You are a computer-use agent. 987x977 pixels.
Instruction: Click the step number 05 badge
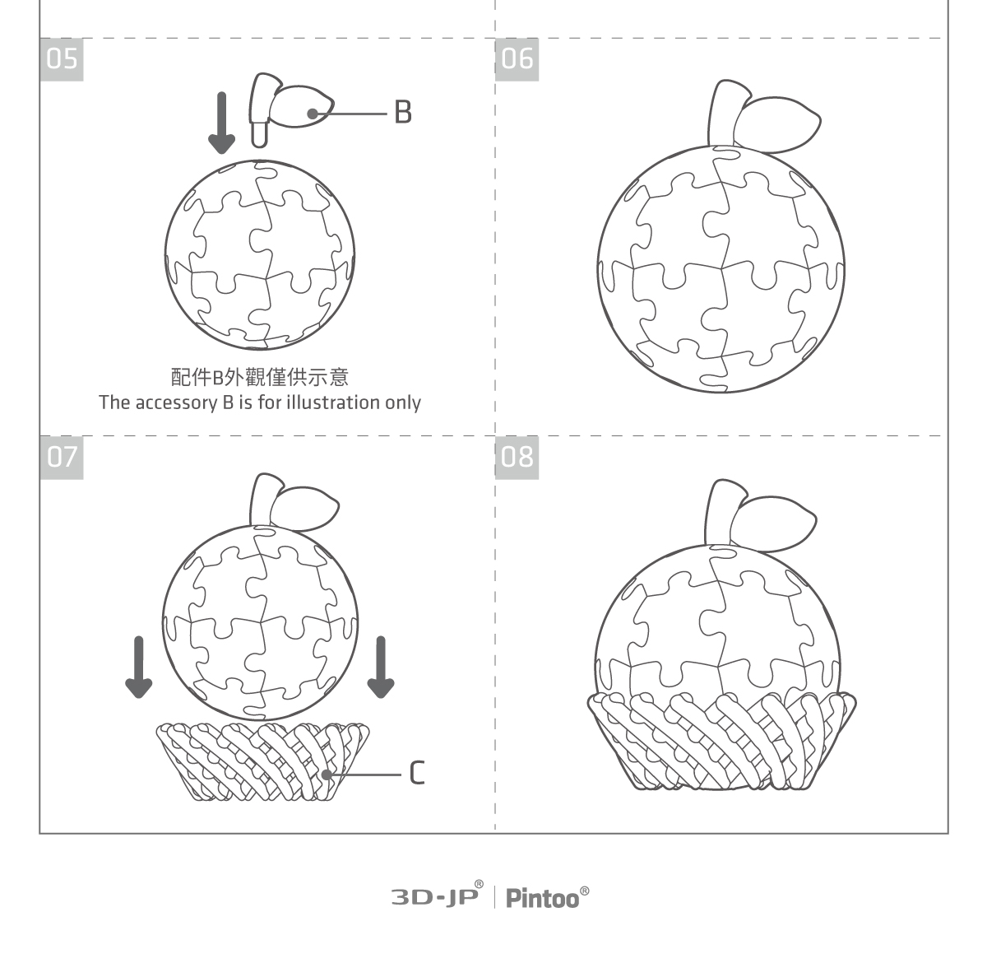[x=62, y=59]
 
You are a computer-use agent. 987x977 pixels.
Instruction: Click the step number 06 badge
[x=517, y=59]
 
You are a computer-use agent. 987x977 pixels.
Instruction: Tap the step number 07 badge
[x=62, y=458]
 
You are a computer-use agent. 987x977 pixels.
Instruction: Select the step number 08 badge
[x=517, y=458]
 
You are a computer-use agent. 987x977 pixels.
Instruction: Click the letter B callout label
[x=402, y=112]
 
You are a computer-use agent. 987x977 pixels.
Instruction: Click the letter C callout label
[x=417, y=773]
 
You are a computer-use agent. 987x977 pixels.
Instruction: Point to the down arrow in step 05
[x=222, y=123]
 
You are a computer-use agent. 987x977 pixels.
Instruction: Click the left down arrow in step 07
[x=138, y=667]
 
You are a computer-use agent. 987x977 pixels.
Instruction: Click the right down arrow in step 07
[x=380, y=667]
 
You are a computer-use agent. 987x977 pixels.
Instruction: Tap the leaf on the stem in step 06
[x=776, y=124]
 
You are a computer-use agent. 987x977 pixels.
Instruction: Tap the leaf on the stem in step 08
[x=772, y=524]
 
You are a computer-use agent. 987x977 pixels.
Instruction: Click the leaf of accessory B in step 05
[x=302, y=106]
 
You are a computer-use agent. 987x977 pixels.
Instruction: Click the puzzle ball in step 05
[x=260, y=255]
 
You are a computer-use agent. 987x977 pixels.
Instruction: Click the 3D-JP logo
[x=437, y=896]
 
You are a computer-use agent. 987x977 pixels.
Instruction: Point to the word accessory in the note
[x=176, y=403]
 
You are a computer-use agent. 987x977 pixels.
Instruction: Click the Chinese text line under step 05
[x=260, y=377]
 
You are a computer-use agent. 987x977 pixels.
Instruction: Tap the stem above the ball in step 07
[x=262, y=500]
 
